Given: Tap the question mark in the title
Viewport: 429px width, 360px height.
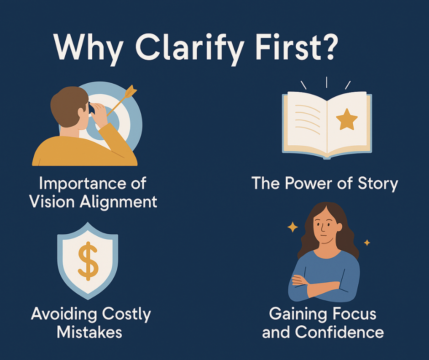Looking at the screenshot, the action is [x=328, y=48].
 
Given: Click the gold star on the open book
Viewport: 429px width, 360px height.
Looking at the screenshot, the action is [x=347, y=120].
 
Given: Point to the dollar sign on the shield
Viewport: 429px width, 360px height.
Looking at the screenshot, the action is [x=88, y=262].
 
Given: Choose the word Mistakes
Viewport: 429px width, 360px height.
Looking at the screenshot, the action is [x=89, y=332].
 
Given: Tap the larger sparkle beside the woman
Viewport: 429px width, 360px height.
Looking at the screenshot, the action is [x=292, y=227].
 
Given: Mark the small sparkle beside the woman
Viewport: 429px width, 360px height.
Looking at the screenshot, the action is [x=366, y=243].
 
